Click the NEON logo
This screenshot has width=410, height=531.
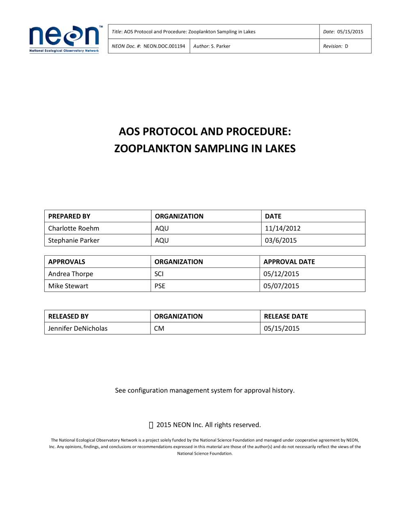point(64,39)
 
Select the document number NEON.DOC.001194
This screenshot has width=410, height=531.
point(164,46)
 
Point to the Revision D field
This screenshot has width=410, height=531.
point(336,46)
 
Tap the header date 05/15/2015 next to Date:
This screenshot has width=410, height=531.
point(350,32)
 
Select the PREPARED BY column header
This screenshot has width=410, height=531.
point(69,216)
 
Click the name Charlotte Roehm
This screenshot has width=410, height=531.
point(74,228)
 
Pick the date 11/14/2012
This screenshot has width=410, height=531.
point(282,228)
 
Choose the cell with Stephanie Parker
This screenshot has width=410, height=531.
point(74,240)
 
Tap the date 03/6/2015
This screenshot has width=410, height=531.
point(280,240)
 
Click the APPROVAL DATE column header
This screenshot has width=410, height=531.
point(289,262)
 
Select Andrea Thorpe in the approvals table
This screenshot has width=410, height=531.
point(71,274)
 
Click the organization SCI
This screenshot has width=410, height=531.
point(159,274)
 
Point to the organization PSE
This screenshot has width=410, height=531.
point(160,286)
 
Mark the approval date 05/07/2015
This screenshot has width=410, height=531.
point(281,286)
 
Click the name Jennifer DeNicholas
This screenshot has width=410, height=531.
point(78,328)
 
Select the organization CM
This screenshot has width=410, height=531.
point(159,328)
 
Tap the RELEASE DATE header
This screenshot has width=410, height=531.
point(286,316)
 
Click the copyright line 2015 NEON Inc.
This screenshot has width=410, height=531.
point(208,425)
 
